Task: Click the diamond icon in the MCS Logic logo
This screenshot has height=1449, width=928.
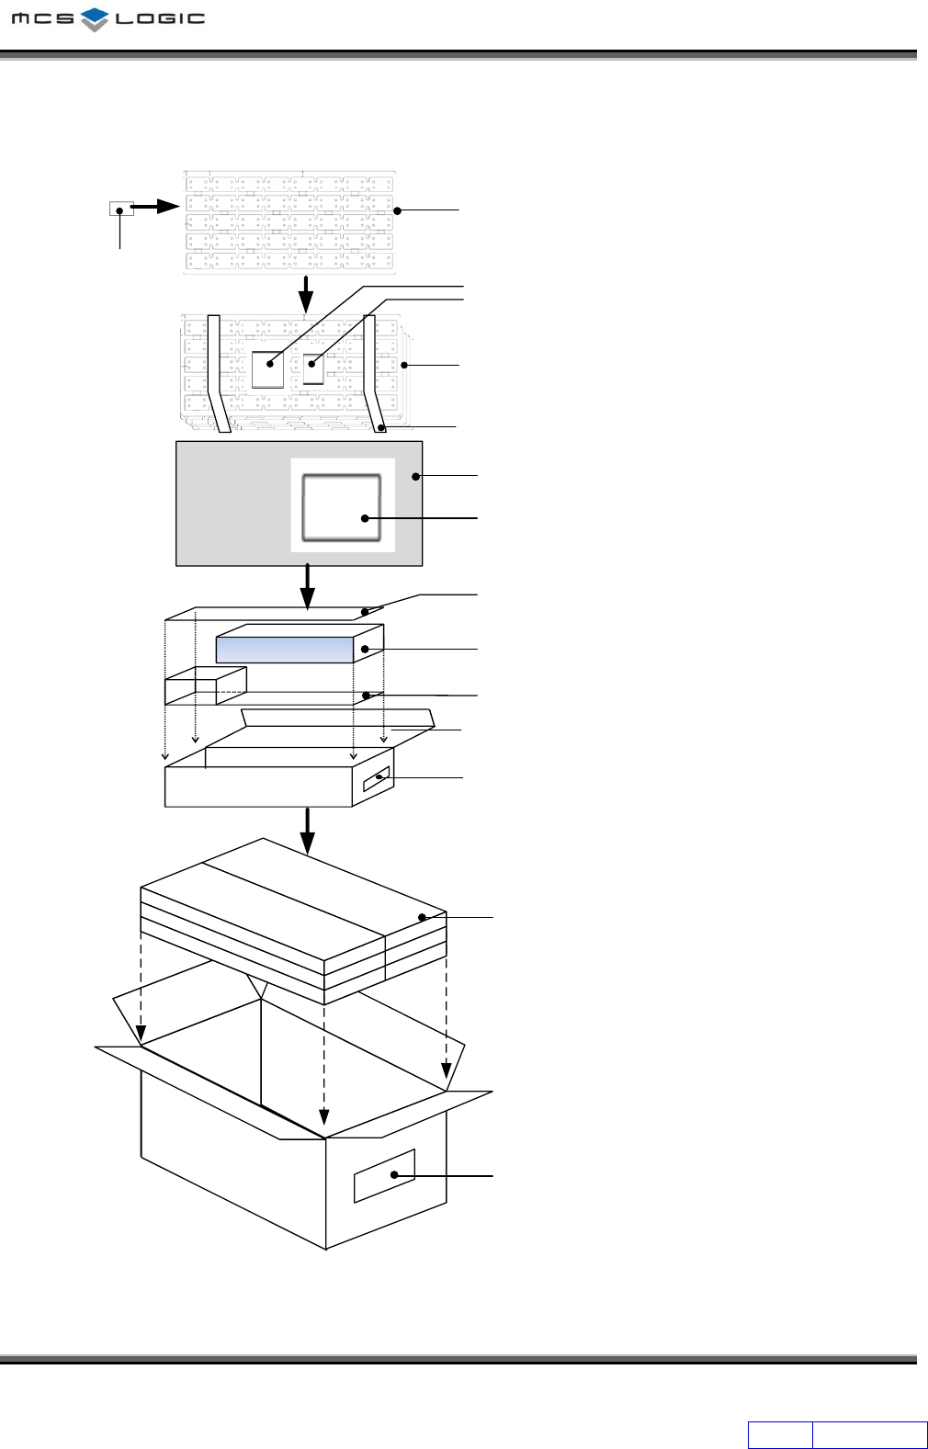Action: tap(95, 18)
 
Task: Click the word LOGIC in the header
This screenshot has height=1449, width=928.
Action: tap(160, 18)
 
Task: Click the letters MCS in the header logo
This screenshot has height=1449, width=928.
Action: tap(43, 18)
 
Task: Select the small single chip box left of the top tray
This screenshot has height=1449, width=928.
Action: tap(121, 209)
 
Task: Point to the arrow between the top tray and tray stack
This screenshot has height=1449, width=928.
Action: tap(306, 293)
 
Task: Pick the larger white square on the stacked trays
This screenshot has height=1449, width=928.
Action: tap(268, 368)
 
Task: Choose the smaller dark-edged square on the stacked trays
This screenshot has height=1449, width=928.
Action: tap(313, 368)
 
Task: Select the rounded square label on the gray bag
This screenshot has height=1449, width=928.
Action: tap(342, 507)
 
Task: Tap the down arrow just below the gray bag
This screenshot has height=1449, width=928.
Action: tap(308, 585)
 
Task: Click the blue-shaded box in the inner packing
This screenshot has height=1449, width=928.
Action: tap(285, 650)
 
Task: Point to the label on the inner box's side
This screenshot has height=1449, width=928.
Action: tap(377, 779)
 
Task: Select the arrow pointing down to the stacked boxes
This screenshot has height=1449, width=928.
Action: tap(308, 830)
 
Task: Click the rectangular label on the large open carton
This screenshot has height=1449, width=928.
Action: tap(385, 1175)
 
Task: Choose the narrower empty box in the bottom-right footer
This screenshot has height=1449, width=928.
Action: tap(780, 1434)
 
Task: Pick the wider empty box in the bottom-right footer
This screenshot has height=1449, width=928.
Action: tap(869, 1434)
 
